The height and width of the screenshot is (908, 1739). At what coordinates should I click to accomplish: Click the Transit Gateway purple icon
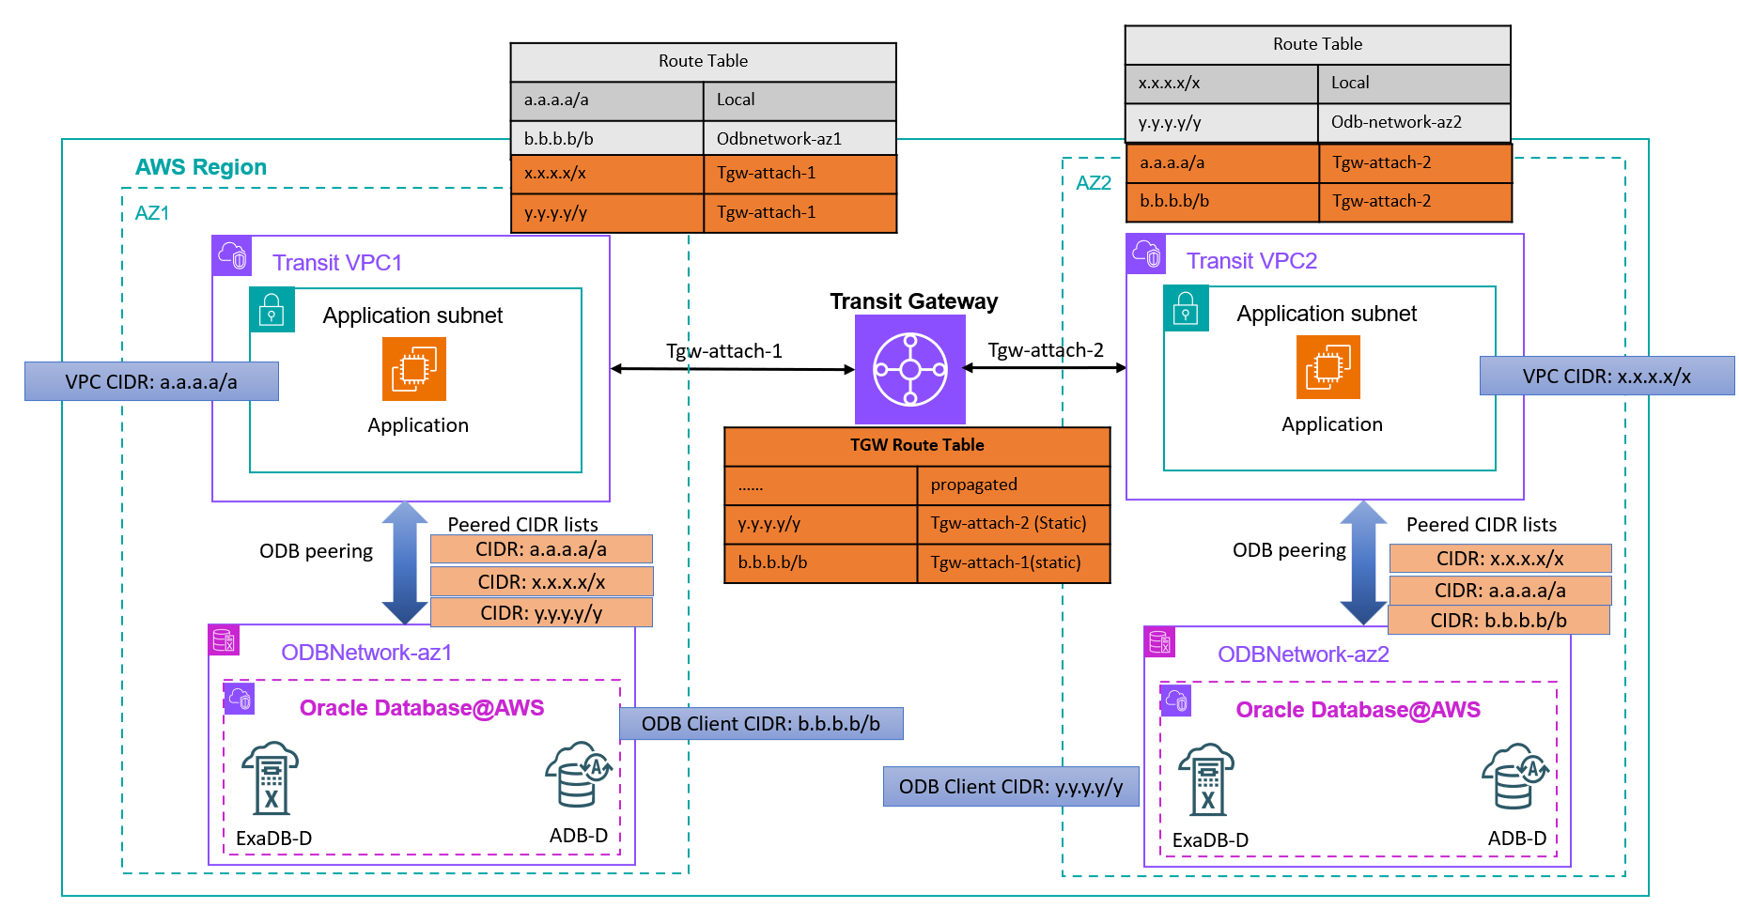coord(909,369)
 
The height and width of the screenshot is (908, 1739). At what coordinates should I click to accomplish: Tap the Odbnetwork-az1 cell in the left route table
coord(799,139)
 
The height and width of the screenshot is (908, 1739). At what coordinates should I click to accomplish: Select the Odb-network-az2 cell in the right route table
coord(1413,122)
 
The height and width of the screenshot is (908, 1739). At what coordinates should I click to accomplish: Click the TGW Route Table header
coord(917,445)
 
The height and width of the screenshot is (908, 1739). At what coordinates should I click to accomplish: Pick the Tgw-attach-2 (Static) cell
coord(1013,523)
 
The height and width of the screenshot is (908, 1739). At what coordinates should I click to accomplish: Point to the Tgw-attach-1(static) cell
coord(1013,562)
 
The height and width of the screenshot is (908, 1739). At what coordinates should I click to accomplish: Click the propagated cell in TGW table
coord(1013,485)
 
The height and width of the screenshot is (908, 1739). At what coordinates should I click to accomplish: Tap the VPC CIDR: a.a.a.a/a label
coord(151,382)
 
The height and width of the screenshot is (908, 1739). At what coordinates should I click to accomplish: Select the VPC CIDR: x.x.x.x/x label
coord(1607,377)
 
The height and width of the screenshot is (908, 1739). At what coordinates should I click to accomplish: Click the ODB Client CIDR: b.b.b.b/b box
coord(761,724)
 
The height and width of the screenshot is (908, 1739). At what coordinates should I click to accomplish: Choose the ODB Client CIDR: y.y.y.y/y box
coord(1011,787)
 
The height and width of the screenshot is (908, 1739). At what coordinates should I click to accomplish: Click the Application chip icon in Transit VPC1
coord(414,369)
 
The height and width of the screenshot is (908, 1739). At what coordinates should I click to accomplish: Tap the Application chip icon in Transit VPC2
coord(1328,367)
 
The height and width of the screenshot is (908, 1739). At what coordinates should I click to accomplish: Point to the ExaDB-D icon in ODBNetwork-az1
coord(270,778)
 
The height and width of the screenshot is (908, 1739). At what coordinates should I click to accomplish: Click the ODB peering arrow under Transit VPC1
coord(405,562)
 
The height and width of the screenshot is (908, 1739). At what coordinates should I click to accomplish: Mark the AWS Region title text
coord(201,167)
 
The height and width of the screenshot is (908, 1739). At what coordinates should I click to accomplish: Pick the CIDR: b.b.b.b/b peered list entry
coord(1498,621)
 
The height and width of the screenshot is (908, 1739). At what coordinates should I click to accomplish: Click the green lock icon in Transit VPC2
coord(1186,309)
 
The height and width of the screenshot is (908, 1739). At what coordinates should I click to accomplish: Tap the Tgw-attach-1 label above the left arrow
coord(723,351)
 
